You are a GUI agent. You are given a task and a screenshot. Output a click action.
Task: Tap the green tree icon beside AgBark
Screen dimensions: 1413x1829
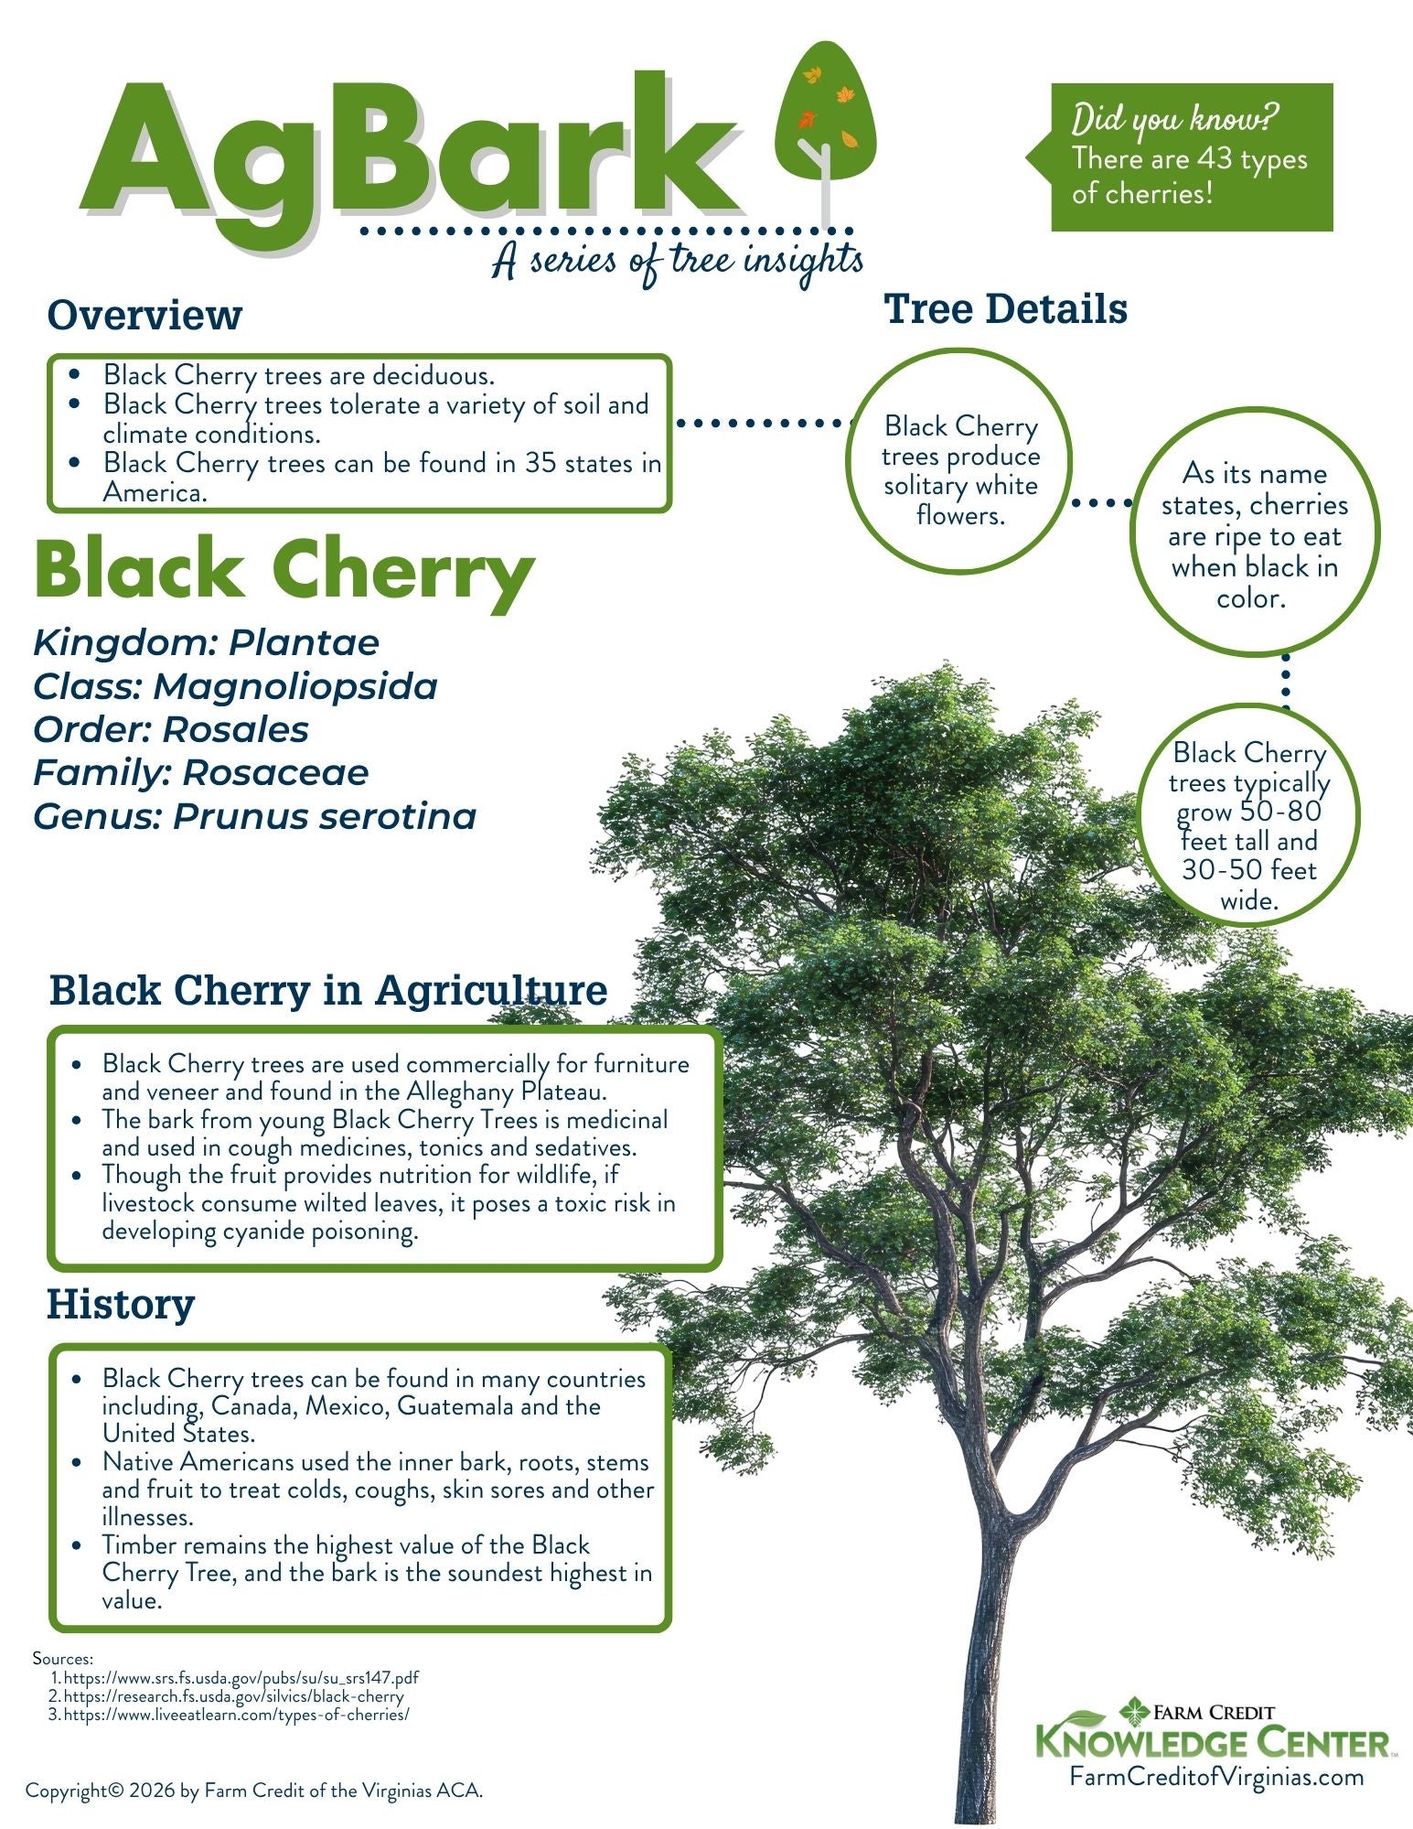point(825,114)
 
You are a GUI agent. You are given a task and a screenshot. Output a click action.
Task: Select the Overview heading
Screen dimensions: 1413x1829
point(145,315)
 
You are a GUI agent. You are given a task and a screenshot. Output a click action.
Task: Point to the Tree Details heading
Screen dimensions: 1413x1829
point(1005,309)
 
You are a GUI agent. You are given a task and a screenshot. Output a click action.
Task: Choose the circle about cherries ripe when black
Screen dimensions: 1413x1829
point(1254,535)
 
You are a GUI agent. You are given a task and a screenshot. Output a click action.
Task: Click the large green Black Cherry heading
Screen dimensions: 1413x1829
point(284,570)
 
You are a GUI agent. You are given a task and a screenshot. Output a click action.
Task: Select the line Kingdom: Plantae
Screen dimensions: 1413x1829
point(206,642)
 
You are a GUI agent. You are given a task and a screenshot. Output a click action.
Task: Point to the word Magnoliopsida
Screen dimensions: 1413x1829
point(294,686)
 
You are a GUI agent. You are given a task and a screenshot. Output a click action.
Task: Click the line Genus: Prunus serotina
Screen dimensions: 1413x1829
point(254,816)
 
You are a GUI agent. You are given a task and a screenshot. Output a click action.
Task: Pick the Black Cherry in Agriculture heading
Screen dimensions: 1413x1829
point(327,990)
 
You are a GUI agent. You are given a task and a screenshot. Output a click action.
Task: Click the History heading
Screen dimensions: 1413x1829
point(121,1304)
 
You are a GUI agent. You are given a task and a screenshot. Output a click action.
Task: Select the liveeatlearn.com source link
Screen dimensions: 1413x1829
point(236,1715)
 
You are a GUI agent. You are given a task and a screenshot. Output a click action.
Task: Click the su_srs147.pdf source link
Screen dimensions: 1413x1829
point(241,1678)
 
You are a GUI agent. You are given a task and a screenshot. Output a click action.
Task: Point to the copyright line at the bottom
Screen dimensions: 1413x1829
point(254,1791)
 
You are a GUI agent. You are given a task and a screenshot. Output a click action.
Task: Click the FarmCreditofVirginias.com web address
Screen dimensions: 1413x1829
point(1216,1776)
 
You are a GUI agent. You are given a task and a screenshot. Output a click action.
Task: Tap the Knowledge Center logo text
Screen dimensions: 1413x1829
point(1214,1741)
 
